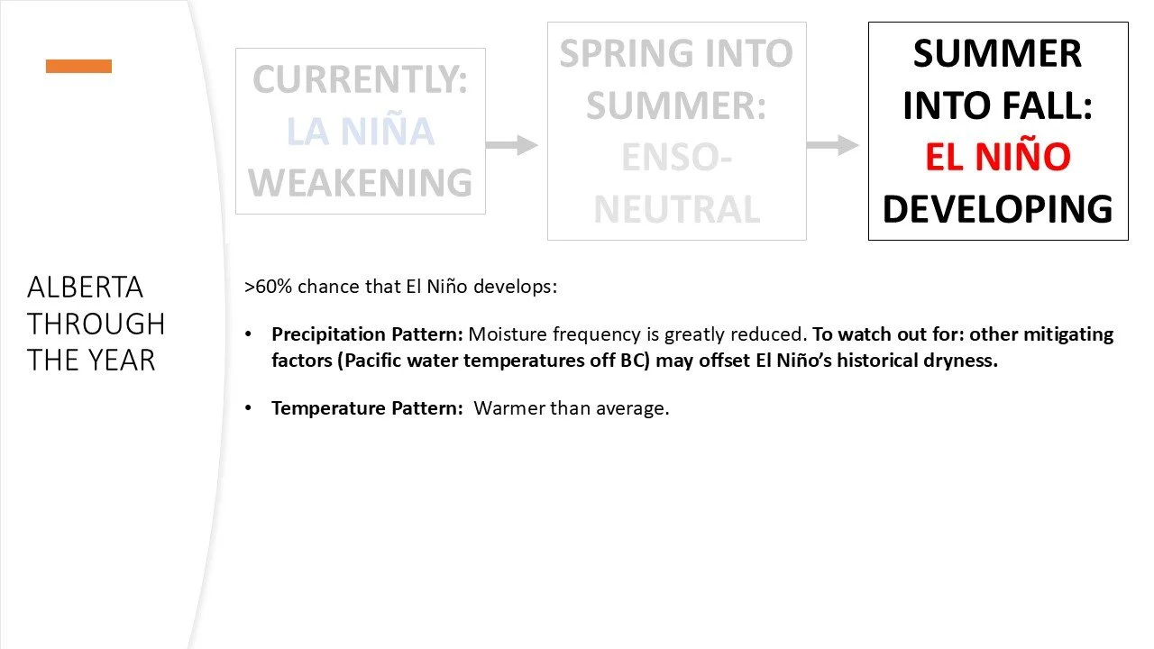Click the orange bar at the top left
[x=78, y=66]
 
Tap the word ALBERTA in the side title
[x=85, y=288]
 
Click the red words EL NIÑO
[x=997, y=157]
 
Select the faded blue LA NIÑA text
[x=360, y=132]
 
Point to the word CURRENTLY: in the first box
[x=360, y=80]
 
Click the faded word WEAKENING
[x=360, y=183]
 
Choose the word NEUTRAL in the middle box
[x=676, y=210]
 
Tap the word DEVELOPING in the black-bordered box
[x=997, y=209]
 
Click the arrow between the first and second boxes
[x=512, y=144]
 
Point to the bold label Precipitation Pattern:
[x=367, y=334]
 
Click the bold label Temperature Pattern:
[x=366, y=408]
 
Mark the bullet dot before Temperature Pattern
[x=250, y=408]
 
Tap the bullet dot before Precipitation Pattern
[x=250, y=334]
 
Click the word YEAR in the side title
[x=124, y=360]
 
